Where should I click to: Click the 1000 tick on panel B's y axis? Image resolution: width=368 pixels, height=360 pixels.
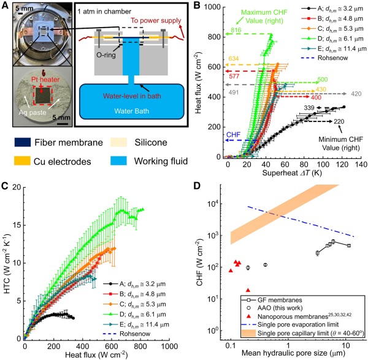(x=213, y=7)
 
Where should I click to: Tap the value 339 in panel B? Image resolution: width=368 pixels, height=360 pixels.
(x=310, y=108)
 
